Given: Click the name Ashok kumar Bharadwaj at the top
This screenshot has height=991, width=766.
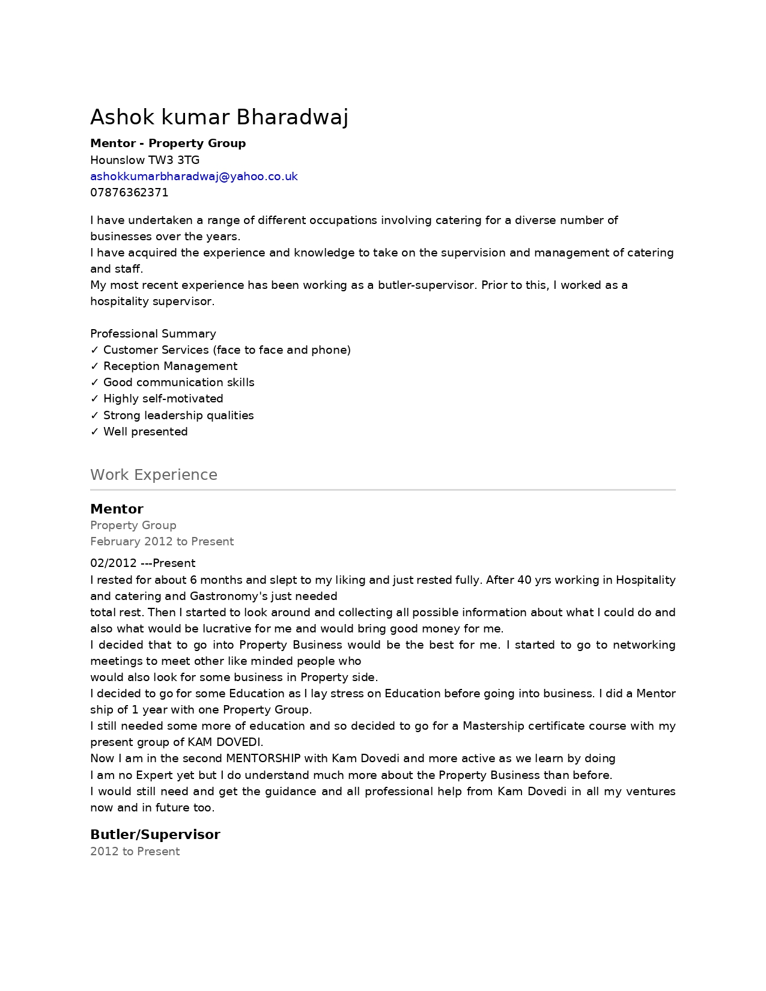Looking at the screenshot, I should (x=219, y=117).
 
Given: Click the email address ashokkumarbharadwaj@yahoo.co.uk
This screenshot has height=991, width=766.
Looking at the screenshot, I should (x=193, y=177).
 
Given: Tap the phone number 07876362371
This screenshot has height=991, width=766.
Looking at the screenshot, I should (x=129, y=193).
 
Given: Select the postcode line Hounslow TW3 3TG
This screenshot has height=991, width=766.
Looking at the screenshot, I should (x=145, y=160).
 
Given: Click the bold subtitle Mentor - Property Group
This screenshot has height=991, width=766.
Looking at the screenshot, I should (x=168, y=144).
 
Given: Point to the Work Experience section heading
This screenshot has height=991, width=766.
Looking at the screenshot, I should (x=153, y=475).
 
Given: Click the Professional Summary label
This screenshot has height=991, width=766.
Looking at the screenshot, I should (x=153, y=334).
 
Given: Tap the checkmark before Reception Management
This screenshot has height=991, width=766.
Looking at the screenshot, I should (x=94, y=366).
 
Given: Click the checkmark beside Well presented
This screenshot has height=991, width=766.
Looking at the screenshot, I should (x=94, y=432).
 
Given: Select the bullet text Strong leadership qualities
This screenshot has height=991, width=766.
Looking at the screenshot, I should (x=178, y=416).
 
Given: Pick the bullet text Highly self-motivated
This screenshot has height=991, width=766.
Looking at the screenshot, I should (x=163, y=399).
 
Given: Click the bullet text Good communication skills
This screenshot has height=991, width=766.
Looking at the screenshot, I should (x=178, y=383).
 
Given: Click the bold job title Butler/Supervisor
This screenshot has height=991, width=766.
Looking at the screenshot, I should (x=155, y=835).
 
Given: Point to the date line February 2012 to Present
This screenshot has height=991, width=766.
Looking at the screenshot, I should (x=162, y=542).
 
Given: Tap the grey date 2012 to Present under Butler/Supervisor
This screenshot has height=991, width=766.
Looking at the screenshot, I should (x=135, y=852).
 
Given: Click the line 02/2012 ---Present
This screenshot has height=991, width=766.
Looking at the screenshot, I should (x=142, y=563).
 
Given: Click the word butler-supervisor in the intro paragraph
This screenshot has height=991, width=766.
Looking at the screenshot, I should (x=427, y=285).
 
